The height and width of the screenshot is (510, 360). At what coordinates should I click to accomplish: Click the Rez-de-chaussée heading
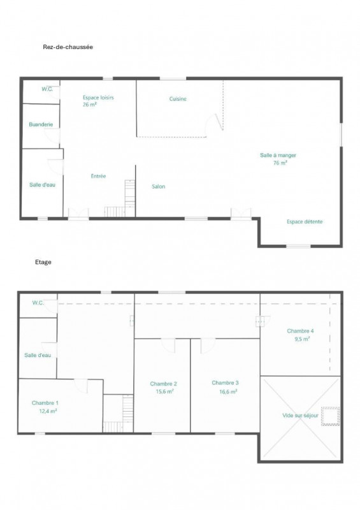click(68, 47)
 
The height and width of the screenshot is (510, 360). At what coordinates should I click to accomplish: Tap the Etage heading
click(43, 262)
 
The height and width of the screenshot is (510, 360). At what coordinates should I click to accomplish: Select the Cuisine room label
click(178, 99)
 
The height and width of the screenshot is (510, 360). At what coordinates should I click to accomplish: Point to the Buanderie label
click(41, 124)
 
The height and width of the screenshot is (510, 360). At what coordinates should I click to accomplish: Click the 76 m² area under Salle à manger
click(280, 163)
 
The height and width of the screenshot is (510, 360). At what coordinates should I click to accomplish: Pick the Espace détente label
click(305, 221)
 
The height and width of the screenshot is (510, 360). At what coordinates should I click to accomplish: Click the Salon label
click(159, 186)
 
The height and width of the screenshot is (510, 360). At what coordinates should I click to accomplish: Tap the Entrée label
click(98, 176)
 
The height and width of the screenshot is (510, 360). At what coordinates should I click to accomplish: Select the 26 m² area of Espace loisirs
click(90, 105)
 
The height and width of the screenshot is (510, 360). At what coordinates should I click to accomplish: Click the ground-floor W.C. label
click(47, 89)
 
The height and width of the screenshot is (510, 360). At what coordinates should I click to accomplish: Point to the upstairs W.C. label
click(38, 303)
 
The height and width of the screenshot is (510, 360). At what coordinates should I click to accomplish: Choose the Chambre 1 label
click(45, 403)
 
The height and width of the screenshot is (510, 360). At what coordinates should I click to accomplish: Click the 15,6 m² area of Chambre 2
click(164, 391)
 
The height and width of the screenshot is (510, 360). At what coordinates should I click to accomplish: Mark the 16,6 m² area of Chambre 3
click(228, 391)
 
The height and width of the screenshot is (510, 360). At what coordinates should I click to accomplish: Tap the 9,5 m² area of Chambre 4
click(302, 339)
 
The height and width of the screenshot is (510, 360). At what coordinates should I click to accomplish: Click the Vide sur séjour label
click(300, 416)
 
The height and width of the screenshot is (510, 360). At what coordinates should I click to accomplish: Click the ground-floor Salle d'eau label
click(42, 185)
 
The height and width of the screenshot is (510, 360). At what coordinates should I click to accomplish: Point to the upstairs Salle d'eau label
click(38, 355)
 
